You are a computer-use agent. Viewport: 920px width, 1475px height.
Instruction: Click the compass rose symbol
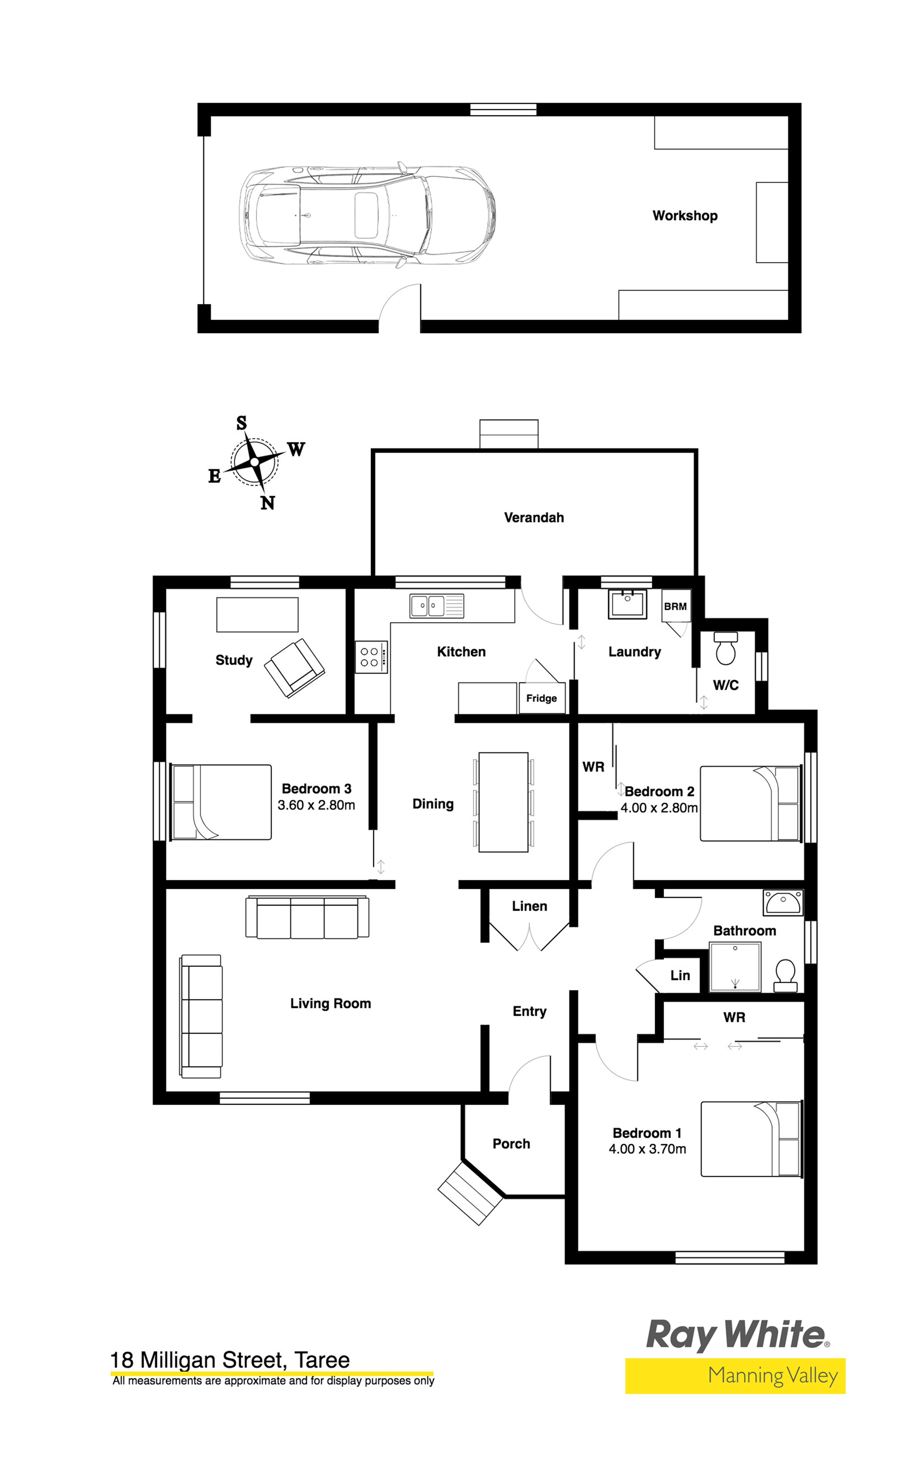254,462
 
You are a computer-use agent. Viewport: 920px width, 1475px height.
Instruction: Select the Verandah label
534,518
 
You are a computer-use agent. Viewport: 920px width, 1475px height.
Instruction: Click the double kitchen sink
436,606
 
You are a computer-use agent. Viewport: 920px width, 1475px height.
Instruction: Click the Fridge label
541,698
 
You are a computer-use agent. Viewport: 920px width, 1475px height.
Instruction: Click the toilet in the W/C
725,648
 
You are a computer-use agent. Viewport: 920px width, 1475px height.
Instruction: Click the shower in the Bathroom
735,967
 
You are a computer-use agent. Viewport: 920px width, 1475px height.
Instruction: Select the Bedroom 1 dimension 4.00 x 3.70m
647,1149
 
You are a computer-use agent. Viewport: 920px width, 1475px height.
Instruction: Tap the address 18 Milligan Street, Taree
230,1360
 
